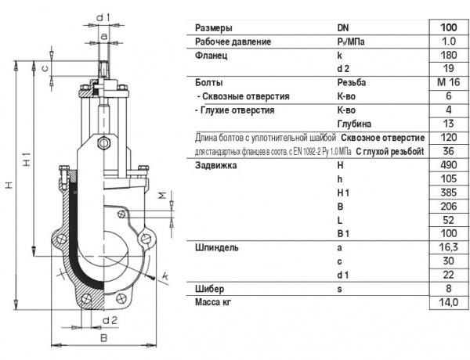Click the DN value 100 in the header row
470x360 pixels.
tap(448, 27)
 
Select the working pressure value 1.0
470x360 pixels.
tap(448, 41)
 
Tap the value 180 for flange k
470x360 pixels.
tap(448, 55)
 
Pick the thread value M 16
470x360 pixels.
tap(448, 82)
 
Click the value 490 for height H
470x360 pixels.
tap(448, 165)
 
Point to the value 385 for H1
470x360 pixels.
tap(448, 193)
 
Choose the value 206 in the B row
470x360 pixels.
tap(448, 207)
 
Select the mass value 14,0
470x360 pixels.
tap(448, 303)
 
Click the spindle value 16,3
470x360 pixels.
tap(448, 247)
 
